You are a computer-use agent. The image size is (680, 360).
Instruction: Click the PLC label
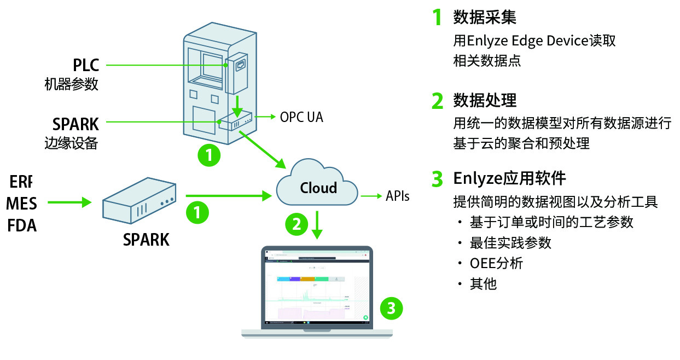[86, 65]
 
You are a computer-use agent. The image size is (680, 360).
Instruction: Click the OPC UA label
[301, 117]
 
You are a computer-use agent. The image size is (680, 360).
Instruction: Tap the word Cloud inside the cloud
[318, 188]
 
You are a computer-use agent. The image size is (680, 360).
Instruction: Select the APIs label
[397, 196]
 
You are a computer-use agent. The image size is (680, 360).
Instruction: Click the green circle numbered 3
[391, 308]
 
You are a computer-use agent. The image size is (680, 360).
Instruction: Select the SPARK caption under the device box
[146, 239]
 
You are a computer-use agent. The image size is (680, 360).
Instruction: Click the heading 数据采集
[484, 18]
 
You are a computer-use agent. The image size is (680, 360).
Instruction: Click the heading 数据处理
[484, 101]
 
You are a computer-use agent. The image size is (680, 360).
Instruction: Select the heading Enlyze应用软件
[509, 178]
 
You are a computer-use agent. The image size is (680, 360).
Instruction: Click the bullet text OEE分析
[496, 263]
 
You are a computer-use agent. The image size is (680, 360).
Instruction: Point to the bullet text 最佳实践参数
[510, 243]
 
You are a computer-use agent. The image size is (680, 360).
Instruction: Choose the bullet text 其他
[483, 284]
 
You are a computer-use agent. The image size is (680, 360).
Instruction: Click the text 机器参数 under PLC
[71, 85]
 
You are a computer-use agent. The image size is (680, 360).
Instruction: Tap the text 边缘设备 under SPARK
[71, 143]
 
